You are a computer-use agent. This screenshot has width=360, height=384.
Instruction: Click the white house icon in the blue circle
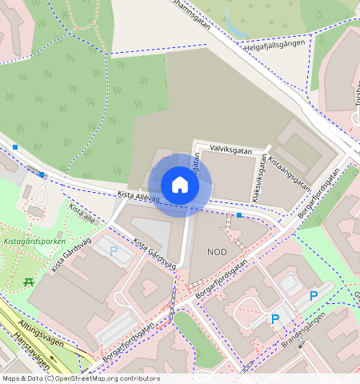pyautogui.click(x=180, y=185)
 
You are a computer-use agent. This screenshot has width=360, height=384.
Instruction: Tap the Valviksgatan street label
pyautogui.click(x=230, y=150)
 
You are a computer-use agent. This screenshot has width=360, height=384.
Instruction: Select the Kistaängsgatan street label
pyautogui.click(x=290, y=171)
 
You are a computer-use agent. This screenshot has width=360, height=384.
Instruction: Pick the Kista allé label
pyautogui.click(x=82, y=213)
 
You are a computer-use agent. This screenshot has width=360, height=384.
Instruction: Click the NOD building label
pyautogui.click(x=217, y=252)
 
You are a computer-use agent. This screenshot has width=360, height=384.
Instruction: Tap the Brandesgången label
pyautogui.click(x=304, y=334)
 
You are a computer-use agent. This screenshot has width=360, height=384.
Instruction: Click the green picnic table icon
pyautogui.click(x=29, y=282)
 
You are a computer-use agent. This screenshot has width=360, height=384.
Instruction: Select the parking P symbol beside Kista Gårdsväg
pyautogui.click(x=113, y=251)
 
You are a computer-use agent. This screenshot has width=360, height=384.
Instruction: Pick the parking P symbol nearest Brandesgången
pyautogui.click(x=275, y=319)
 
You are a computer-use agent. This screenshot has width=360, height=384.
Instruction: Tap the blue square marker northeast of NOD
pyautogui.click(x=238, y=215)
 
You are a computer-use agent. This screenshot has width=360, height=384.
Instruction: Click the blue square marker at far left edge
pyautogui.click(x=15, y=147)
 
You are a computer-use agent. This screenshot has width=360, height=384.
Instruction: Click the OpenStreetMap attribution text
pyautogui.click(x=80, y=378)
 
